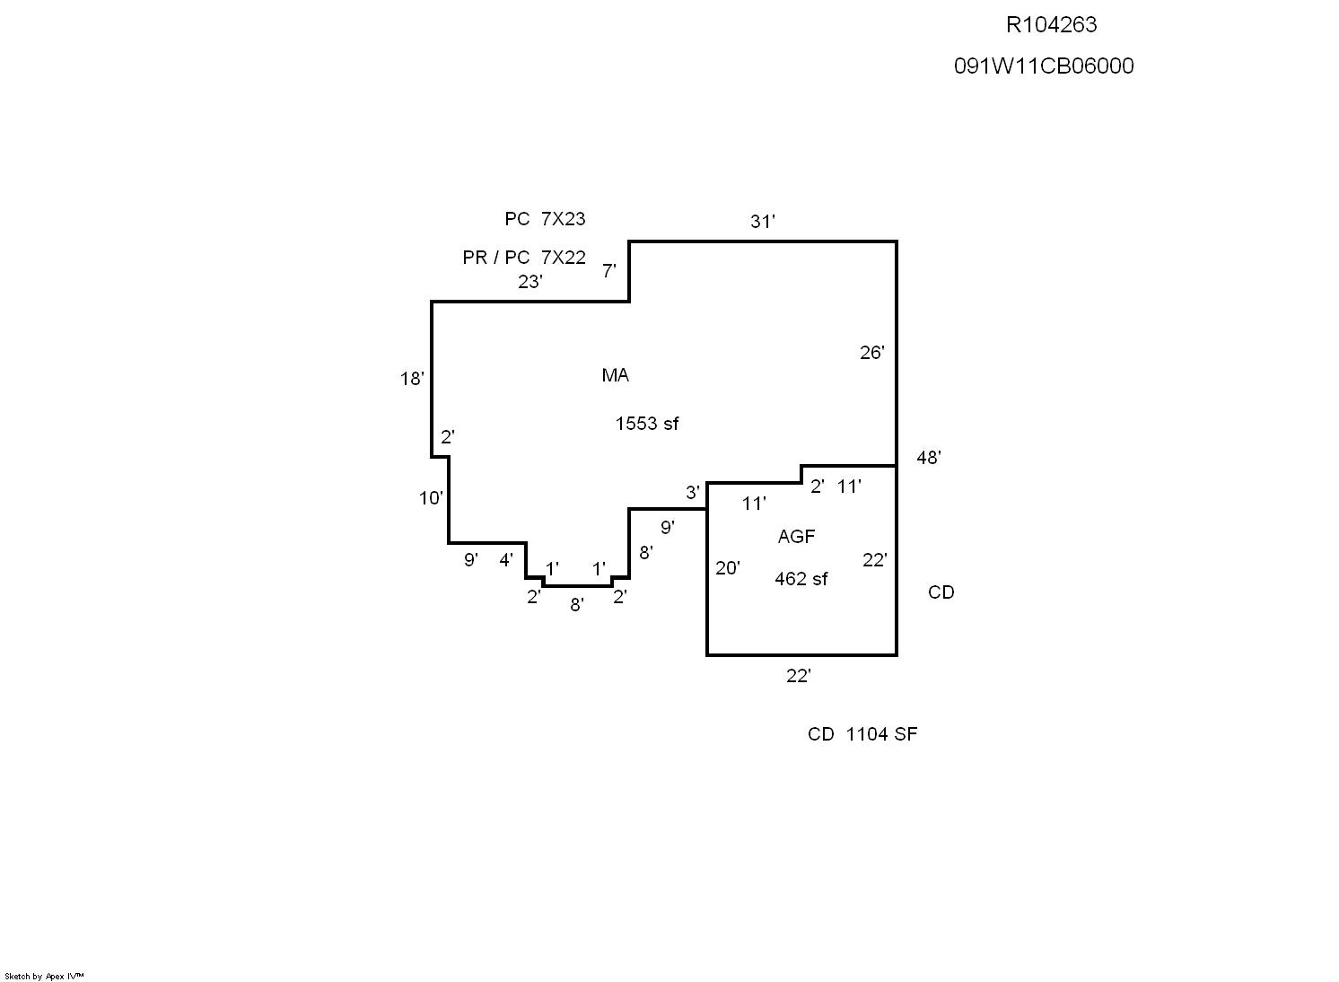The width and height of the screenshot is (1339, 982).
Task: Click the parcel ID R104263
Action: tap(1051, 25)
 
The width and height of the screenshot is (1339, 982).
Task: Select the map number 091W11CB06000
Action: tap(1044, 66)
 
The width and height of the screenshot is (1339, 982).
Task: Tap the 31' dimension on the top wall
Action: tap(762, 222)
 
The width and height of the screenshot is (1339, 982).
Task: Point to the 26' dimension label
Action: tap(871, 353)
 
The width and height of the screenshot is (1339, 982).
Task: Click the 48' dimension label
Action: tap(928, 458)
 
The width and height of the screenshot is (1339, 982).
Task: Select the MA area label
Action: tap(615, 376)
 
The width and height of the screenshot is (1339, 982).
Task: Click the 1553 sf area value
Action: tap(646, 424)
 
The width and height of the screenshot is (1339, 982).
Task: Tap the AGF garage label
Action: tap(796, 537)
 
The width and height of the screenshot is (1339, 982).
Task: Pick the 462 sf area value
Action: tap(801, 579)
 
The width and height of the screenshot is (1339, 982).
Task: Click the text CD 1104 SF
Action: tap(862, 734)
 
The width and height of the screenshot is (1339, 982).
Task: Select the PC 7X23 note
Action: tap(545, 219)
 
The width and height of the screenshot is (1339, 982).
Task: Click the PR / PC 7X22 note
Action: tap(524, 258)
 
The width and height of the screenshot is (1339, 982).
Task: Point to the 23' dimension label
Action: tap(529, 282)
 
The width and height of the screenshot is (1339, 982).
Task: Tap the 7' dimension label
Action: tap(608, 270)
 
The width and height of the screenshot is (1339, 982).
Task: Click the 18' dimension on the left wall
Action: tap(411, 379)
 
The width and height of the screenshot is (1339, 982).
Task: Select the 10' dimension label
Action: tap(431, 497)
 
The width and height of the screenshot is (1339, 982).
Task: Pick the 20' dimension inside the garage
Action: tap(727, 568)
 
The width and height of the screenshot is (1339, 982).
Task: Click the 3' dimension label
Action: tap(692, 492)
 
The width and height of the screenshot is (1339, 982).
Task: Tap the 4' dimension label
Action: tap(506, 560)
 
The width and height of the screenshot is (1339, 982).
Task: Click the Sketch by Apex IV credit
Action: tap(44, 976)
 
